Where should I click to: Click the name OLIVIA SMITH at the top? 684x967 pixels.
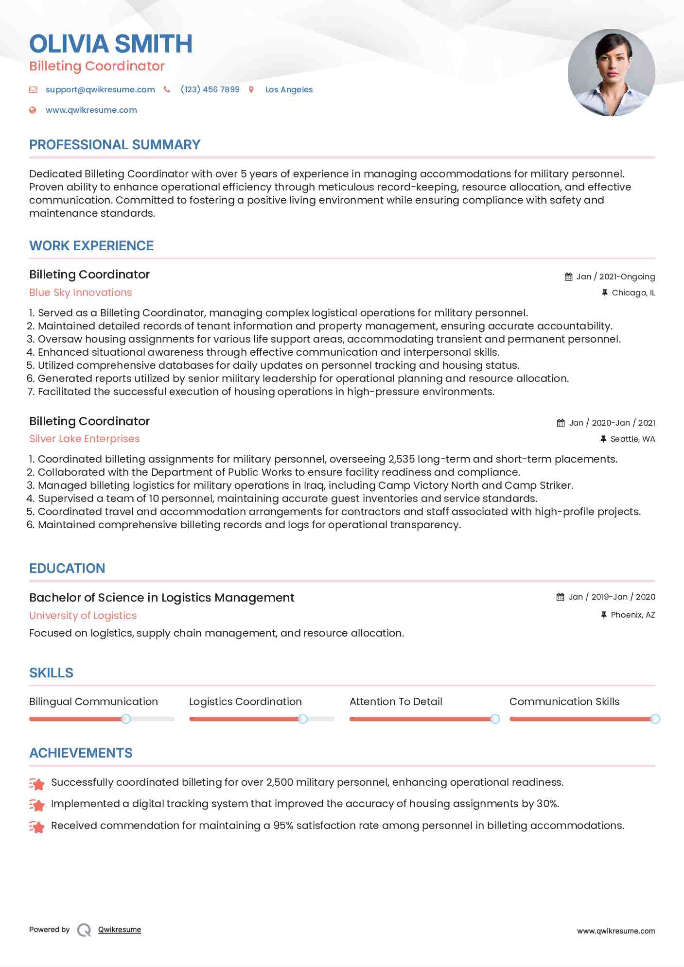pyautogui.click(x=111, y=44)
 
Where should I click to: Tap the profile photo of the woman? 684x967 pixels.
pyautogui.click(x=611, y=73)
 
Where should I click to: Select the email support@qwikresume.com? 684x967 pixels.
pyautogui.click(x=100, y=89)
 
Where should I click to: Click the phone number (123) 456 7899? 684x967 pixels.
pyautogui.click(x=210, y=89)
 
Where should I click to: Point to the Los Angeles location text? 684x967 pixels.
pyautogui.click(x=289, y=89)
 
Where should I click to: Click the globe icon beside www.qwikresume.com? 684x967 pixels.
pyautogui.click(x=33, y=110)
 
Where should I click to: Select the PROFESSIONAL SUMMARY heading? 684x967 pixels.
pyautogui.click(x=115, y=145)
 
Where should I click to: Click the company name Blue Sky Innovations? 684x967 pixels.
pyautogui.click(x=81, y=293)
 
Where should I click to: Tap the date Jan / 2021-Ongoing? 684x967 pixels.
pyautogui.click(x=615, y=276)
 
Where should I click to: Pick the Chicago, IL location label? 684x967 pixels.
pyautogui.click(x=633, y=293)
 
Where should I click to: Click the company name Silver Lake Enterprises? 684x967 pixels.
pyautogui.click(x=85, y=439)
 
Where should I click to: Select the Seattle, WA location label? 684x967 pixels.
pyautogui.click(x=632, y=439)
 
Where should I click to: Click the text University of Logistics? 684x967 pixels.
pyautogui.click(x=83, y=616)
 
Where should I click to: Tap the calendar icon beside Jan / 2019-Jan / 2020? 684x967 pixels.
pyautogui.click(x=560, y=597)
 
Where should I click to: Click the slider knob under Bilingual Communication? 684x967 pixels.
pyautogui.click(x=126, y=719)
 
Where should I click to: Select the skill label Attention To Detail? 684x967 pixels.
pyautogui.click(x=396, y=702)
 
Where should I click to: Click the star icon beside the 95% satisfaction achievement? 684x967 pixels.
pyautogui.click(x=37, y=826)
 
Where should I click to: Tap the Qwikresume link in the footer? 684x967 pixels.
pyautogui.click(x=120, y=930)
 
